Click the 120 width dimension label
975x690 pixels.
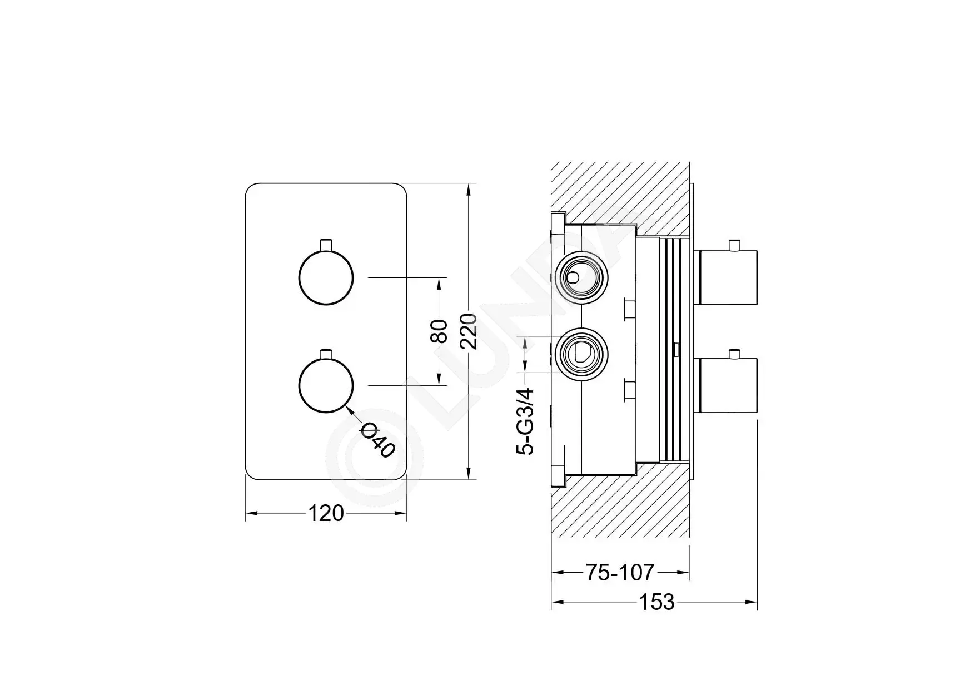point(326,513)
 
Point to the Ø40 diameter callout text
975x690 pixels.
point(378,440)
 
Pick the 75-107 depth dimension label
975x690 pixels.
point(620,572)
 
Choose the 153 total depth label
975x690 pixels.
point(656,602)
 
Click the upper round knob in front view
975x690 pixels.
point(326,277)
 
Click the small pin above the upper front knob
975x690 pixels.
point(326,245)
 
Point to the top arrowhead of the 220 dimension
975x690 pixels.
point(469,189)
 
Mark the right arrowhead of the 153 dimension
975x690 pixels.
point(752,602)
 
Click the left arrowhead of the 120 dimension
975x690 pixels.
point(252,514)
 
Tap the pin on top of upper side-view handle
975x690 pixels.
point(737,245)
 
